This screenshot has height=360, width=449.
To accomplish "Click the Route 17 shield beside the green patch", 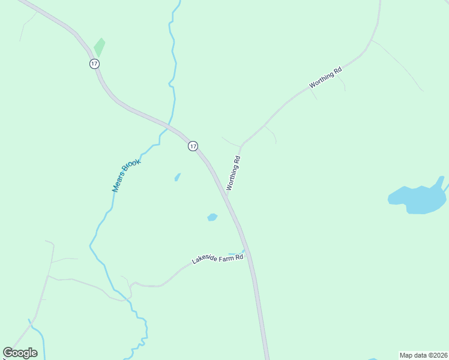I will point(95,64).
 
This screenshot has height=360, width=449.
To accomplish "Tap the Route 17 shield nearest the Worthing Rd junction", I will point(193,146).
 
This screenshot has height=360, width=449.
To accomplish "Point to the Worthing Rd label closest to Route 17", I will point(234,173).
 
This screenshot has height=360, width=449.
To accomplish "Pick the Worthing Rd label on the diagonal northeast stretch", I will point(325,78).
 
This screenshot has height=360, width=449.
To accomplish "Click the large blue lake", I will point(418,198).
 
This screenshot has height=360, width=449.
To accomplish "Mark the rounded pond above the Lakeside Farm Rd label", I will point(212,217).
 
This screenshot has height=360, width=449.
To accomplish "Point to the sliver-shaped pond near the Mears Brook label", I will point(177,177).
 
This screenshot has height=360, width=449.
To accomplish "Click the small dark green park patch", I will point(99,47).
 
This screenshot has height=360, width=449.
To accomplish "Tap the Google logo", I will point(20,353).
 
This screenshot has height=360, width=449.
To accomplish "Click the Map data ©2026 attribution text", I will point(423,355).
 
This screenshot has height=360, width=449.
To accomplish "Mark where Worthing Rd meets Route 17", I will point(227,196).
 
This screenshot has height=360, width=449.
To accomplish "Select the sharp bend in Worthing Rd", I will point(241,146).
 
